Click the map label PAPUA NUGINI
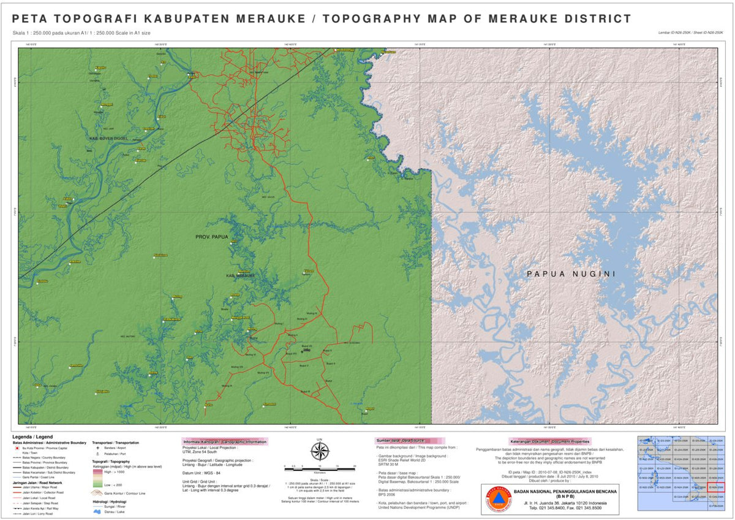571,274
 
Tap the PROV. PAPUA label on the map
212,237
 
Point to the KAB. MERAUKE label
241,275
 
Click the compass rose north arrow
319,451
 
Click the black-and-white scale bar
319,468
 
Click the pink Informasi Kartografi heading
225,442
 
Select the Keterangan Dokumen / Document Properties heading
549,441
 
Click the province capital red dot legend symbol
17,448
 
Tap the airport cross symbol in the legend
97,448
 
